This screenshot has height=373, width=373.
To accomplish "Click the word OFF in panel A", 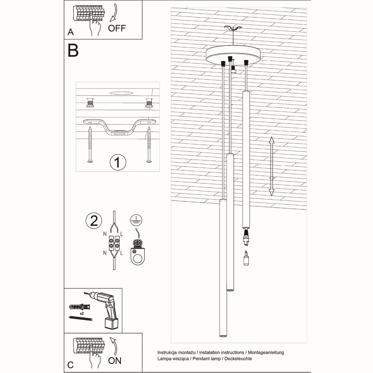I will (117, 28).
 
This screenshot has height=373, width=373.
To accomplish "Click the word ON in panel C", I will (115, 361).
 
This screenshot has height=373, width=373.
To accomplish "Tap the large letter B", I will (73, 50).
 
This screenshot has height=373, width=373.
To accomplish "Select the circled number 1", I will (118, 162).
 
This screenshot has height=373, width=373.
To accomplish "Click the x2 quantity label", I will (82, 314).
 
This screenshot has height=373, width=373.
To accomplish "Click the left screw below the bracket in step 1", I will (90, 145).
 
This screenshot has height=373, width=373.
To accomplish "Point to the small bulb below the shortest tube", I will (246, 258).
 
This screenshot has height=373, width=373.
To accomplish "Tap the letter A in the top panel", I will (71, 32).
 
